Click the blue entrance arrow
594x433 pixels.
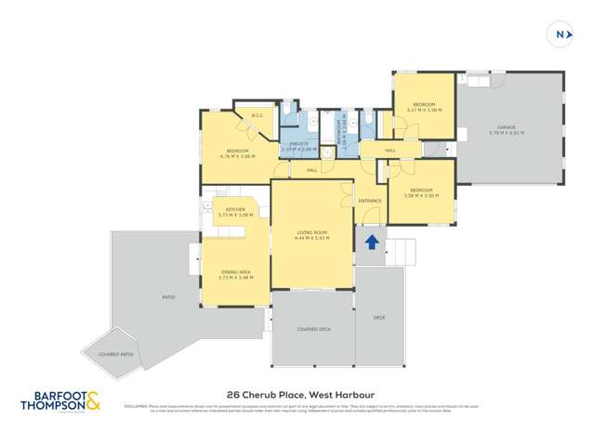coord(372,243)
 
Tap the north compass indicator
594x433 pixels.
coord(561,34)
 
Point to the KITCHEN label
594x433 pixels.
coord(235,210)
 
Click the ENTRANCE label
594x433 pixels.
coord(370,201)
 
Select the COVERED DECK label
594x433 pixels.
coord(313,329)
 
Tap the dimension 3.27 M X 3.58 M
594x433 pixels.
coord(424,110)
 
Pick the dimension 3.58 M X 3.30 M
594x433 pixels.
coord(421,195)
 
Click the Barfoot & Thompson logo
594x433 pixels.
coord(61,400)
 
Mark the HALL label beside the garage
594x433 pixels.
coord(390,150)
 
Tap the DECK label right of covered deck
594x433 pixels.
coord(379,318)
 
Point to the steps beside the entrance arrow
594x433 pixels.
coord(400,251)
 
